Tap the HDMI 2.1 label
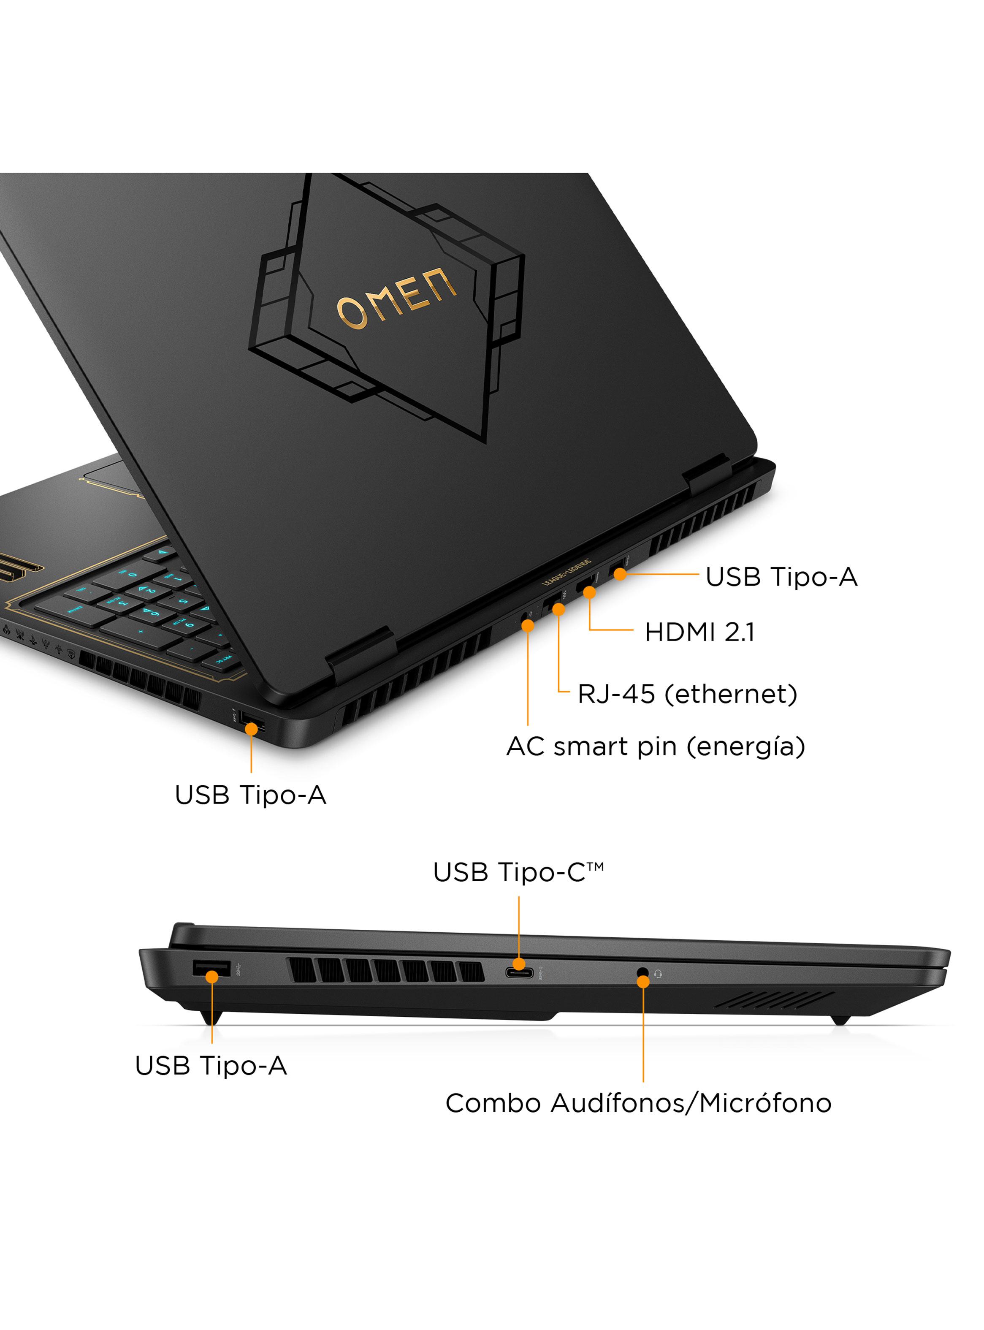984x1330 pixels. click(699, 632)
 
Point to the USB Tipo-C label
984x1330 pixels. click(518, 873)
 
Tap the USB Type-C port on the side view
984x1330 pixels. click(519, 973)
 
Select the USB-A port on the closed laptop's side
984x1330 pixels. click(211, 970)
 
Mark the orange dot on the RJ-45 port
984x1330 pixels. click(559, 609)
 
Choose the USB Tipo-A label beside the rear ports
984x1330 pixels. click(781, 577)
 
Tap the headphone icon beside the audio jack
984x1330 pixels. click(658, 974)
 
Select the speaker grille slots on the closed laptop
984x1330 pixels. click(774, 999)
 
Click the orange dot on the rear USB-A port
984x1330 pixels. click(620, 574)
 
